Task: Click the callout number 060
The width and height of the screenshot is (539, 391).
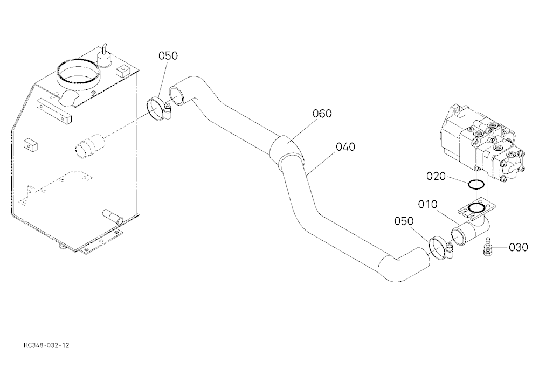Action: click(x=322, y=114)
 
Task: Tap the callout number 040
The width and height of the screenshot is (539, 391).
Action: click(x=345, y=147)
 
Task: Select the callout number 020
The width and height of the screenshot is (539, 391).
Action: click(x=436, y=176)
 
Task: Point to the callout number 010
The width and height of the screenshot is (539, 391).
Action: click(x=427, y=205)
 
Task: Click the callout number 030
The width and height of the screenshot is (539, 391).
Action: click(x=519, y=247)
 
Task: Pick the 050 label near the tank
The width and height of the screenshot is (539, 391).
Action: click(x=168, y=55)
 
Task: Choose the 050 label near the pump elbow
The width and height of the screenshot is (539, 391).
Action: click(x=404, y=221)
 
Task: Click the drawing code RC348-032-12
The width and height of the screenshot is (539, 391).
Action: click(x=46, y=345)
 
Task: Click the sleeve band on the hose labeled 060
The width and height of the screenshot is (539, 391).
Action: click(x=286, y=149)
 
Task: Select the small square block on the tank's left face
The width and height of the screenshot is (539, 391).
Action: click(x=31, y=145)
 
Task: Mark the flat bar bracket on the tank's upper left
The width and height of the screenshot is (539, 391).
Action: click(x=54, y=110)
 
